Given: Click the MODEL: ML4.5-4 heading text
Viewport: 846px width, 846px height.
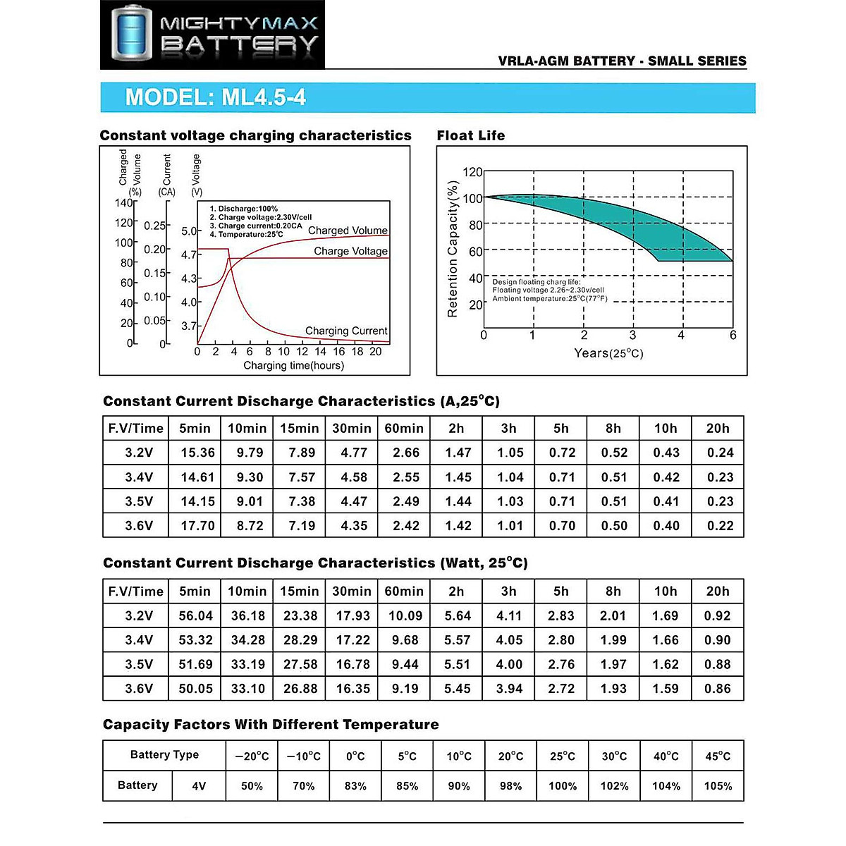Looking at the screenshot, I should click(x=215, y=97).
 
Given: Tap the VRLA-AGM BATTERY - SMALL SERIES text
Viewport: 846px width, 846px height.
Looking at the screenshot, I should click(x=622, y=61).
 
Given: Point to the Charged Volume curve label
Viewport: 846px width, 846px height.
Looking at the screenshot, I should click(x=348, y=231).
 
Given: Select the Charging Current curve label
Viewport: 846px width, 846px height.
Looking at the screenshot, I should click(x=346, y=331).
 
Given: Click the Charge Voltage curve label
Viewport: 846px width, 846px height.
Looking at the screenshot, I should click(x=350, y=251).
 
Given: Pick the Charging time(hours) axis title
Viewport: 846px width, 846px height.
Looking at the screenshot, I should click(x=293, y=365).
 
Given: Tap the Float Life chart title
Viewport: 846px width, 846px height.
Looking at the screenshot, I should click(x=470, y=135).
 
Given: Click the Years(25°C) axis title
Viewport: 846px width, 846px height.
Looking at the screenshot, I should click(x=608, y=353).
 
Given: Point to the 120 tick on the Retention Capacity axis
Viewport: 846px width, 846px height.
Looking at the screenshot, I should click(x=472, y=172).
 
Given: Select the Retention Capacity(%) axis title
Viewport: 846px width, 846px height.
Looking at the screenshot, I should click(x=453, y=249).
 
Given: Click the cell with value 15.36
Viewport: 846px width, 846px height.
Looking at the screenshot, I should click(x=197, y=453).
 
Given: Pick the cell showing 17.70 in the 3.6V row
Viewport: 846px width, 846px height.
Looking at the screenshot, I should click(x=197, y=525).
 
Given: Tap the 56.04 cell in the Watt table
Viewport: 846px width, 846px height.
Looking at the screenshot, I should click(x=195, y=615).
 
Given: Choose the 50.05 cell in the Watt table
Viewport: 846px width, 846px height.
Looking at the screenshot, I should click(x=195, y=689).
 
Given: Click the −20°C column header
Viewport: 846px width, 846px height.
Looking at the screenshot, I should click(x=252, y=756).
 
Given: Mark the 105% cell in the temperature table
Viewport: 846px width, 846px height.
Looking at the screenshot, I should click(x=718, y=786).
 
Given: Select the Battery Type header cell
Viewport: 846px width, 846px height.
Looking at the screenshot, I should click(x=164, y=754).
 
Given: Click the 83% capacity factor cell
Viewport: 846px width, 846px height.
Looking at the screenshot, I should click(x=355, y=786).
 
